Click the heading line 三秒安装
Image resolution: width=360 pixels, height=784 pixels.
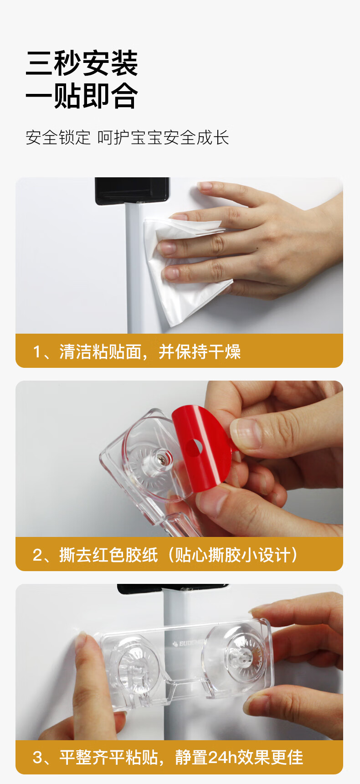click(x=82, y=63)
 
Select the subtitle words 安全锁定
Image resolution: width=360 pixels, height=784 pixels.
click(x=58, y=138)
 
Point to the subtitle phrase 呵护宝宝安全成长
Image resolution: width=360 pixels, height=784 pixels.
click(x=163, y=138)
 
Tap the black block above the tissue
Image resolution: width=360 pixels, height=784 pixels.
click(x=132, y=191)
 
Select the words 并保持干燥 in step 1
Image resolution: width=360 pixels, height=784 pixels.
click(x=200, y=351)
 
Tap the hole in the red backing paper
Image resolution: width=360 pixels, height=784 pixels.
click(x=193, y=447)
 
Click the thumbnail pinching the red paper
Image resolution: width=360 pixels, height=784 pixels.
click(x=245, y=433)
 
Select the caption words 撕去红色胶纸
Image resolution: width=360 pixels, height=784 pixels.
click(x=108, y=555)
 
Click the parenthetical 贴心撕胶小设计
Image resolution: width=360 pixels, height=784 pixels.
click(x=233, y=555)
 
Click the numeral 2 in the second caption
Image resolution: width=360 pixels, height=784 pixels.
click(x=38, y=555)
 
